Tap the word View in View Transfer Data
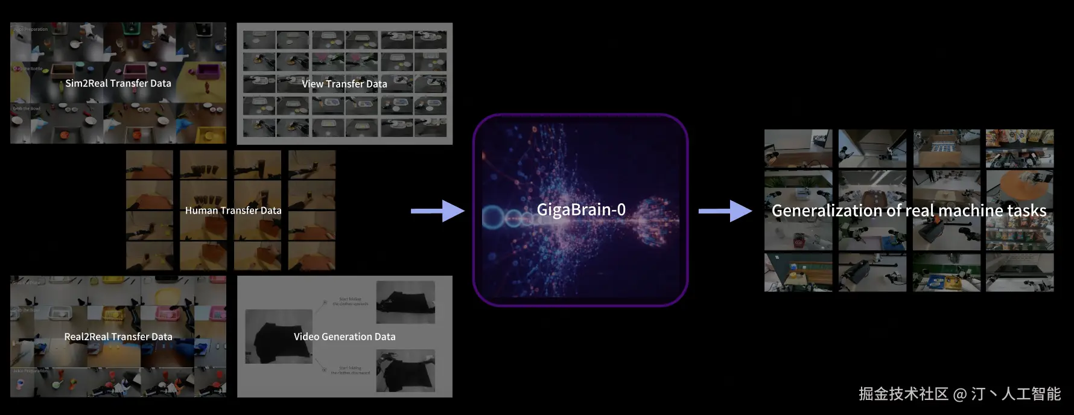tap(313, 84)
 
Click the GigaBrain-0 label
tap(581, 210)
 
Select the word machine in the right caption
tap(971, 211)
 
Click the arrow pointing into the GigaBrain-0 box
tap(438, 211)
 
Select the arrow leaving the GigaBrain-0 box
tap(725, 211)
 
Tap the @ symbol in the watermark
tap(959, 394)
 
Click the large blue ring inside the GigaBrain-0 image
tap(493, 217)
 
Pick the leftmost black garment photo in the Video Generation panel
tap(278, 337)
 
